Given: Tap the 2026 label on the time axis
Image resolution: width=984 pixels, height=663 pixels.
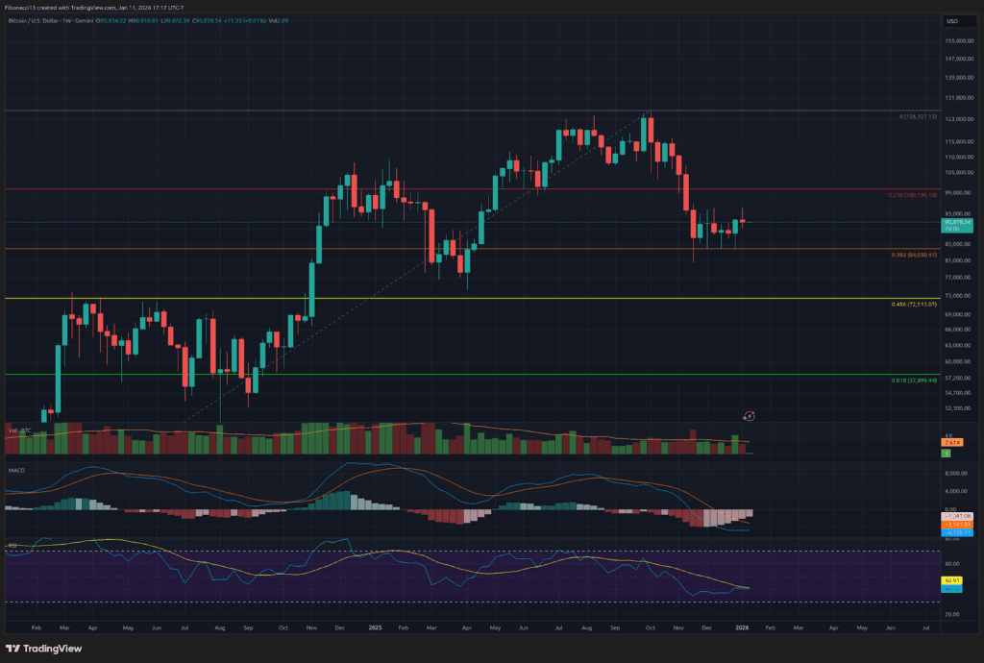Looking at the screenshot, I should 742,626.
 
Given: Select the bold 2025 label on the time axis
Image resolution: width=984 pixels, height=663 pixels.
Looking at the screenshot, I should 375,626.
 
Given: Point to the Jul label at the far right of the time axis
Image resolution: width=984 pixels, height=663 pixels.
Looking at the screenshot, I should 924,626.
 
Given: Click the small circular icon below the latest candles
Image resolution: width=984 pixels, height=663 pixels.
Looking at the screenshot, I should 750,415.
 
